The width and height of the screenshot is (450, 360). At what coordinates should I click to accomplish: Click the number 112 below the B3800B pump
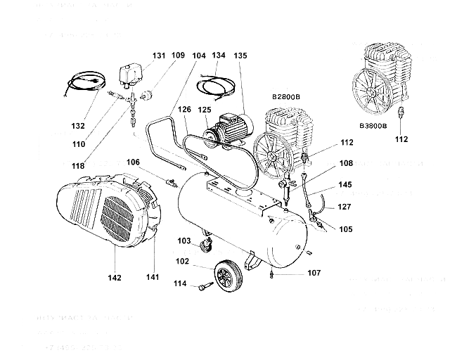pos(401,139)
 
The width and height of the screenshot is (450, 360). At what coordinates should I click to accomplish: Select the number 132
pos(78,126)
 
